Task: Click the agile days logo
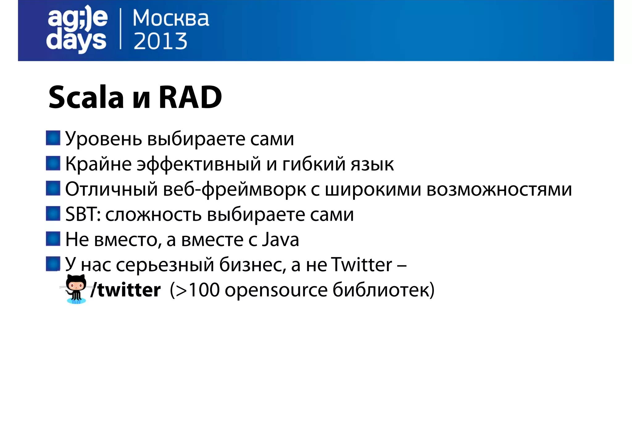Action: point(77,29)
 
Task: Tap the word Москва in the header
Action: point(171,18)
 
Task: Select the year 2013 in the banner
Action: point(160,41)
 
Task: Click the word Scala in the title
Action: point(86,97)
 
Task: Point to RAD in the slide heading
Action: point(190,97)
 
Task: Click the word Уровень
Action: point(103,139)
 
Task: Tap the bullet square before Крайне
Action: point(53,163)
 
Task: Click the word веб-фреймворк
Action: point(235,189)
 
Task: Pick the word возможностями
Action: point(499,189)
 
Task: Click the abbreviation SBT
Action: point(81,214)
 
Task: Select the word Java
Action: point(281,239)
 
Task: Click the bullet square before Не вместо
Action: point(53,239)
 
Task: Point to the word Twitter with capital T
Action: point(361,264)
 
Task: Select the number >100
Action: point(197,290)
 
